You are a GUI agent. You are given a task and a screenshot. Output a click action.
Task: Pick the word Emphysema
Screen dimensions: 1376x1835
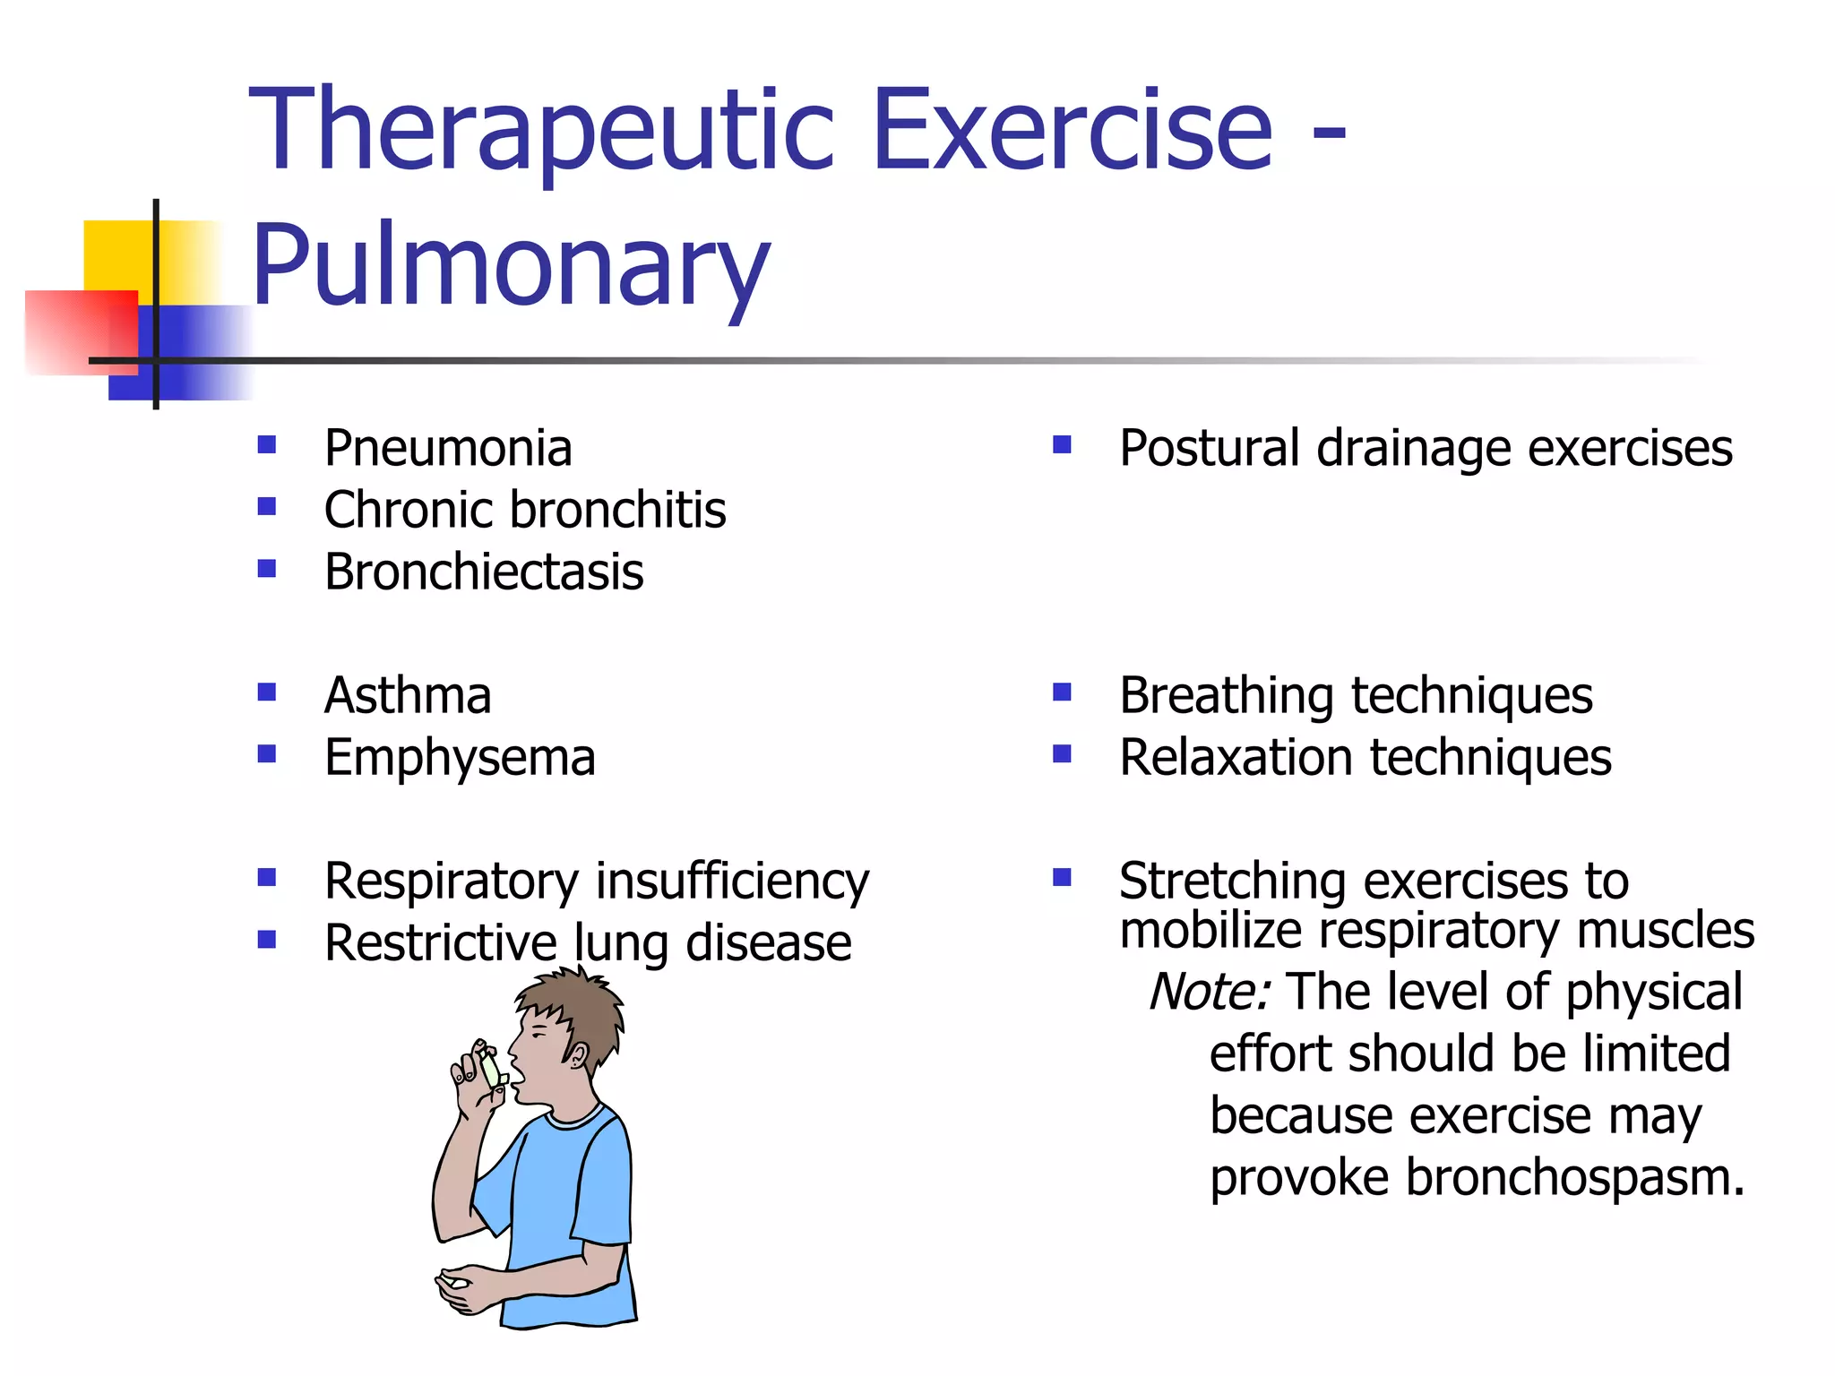(460, 758)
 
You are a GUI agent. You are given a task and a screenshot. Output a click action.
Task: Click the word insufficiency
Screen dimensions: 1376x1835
(732, 881)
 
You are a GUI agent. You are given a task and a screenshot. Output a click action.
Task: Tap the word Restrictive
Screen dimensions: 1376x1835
(440, 943)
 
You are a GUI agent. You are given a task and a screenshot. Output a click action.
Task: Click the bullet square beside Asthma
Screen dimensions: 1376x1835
(266, 692)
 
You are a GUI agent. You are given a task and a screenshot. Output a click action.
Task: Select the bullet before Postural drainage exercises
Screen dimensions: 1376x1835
(1062, 445)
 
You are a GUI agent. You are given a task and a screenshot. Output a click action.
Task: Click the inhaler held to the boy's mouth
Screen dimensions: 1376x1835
(492, 1069)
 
